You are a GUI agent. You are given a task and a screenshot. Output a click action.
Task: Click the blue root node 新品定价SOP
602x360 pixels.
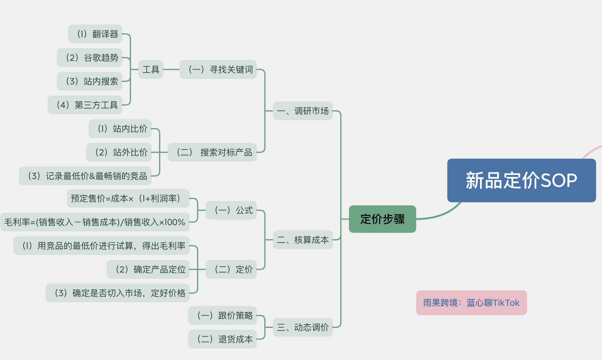click(521, 180)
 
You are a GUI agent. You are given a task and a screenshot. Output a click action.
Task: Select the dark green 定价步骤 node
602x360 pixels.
click(382, 219)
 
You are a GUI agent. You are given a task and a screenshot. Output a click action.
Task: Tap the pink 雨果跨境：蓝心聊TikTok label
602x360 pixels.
click(471, 303)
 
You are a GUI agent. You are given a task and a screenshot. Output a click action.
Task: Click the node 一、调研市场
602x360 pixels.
click(303, 111)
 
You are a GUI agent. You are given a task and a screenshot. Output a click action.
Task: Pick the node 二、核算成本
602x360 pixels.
click(303, 240)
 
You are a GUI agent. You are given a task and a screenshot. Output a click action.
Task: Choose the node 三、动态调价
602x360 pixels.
click(303, 327)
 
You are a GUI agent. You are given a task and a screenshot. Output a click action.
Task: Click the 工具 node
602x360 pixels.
click(151, 69)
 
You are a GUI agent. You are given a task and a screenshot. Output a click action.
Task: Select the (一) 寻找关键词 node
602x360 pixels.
click(218, 69)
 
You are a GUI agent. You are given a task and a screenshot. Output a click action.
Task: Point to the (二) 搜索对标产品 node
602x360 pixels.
click(212, 152)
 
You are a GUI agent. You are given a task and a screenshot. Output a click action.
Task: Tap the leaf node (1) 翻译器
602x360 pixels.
click(95, 34)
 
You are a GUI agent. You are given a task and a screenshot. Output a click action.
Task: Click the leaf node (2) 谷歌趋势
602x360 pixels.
click(90, 58)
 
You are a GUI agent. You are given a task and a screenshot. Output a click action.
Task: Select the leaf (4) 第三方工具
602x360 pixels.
click(85, 105)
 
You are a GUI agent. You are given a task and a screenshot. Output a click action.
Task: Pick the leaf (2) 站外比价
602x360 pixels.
click(119, 152)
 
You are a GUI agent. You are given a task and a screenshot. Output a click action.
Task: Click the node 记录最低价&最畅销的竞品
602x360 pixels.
click(85, 176)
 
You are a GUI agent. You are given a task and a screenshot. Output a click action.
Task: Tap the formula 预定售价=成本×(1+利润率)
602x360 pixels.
click(128, 198)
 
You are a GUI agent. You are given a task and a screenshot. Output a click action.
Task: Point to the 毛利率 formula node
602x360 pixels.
click(95, 222)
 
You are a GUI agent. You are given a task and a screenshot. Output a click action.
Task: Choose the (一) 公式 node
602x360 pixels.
click(231, 210)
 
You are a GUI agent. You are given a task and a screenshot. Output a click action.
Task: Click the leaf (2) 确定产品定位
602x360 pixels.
click(148, 269)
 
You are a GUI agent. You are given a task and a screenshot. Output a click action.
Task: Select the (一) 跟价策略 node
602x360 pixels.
click(223, 315)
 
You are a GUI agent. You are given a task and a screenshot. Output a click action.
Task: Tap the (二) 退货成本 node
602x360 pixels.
click(223, 339)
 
